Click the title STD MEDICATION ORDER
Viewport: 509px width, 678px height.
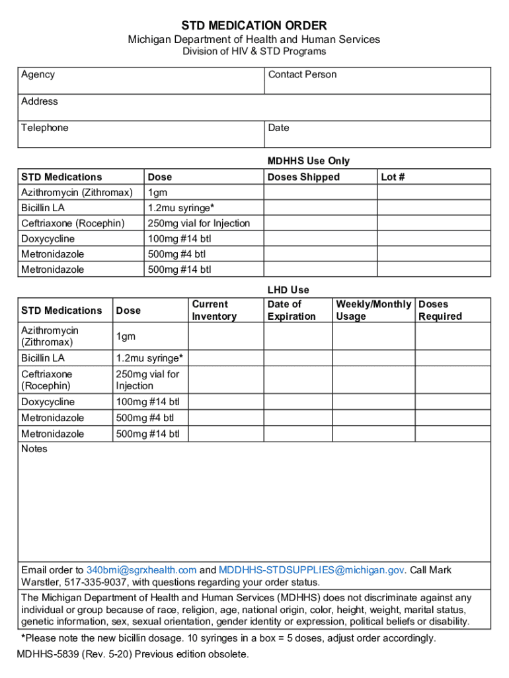pos(255,26)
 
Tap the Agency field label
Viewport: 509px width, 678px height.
pos(38,75)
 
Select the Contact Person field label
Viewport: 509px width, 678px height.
pos(302,75)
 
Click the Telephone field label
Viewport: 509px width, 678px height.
pos(44,128)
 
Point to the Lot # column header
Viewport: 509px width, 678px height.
pos(393,177)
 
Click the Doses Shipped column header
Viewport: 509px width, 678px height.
pos(303,177)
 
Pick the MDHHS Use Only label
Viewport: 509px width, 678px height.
pos(308,161)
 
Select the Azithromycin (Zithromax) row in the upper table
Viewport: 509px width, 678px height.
pos(77,193)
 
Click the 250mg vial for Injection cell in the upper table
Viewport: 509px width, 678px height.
pos(199,223)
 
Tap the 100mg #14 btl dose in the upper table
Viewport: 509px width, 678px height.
pos(179,238)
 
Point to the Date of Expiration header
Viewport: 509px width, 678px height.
pos(291,311)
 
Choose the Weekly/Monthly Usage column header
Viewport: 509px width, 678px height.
pos(373,311)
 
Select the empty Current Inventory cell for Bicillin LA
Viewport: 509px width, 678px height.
pos(226,358)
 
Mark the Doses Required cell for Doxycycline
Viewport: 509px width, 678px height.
pos(452,402)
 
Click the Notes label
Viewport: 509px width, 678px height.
pos(34,449)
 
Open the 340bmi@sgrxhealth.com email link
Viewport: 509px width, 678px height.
pos(141,570)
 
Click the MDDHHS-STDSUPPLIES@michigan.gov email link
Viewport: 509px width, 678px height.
pos(311,570)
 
